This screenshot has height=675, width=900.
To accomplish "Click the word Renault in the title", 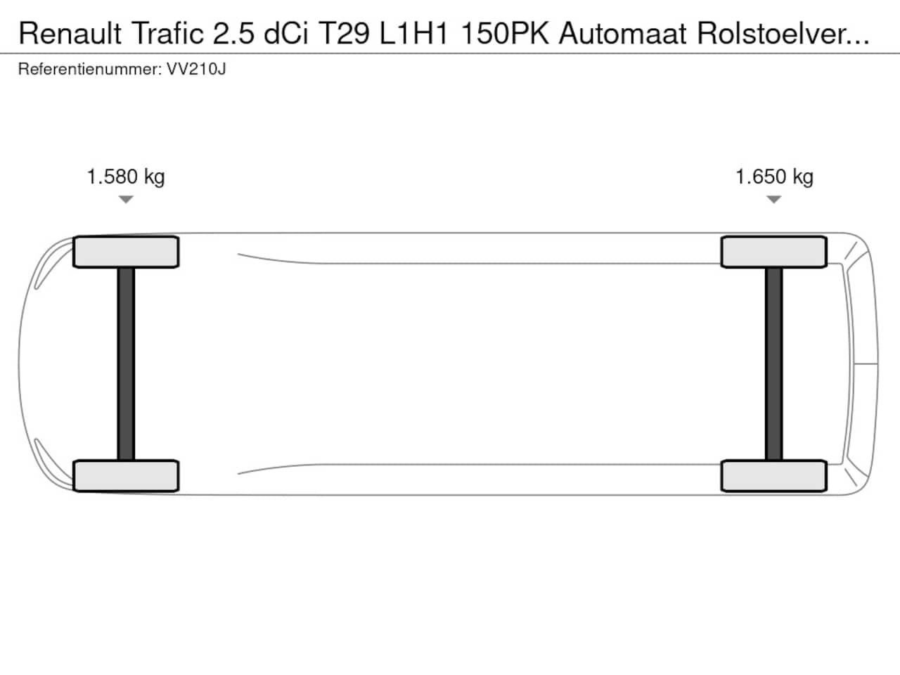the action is click(x=70, y=34).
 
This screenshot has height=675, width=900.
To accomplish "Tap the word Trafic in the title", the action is click(x=168, y=34).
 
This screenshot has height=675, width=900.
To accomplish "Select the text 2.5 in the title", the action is click(x=233, y=34).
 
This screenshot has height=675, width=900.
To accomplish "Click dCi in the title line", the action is click(x=285, y=34).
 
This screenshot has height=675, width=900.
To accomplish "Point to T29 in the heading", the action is click(x=344, y=34).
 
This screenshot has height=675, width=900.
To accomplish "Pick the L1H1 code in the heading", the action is click(x=413, y=34).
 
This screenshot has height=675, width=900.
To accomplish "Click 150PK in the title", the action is click(x=505, y=34).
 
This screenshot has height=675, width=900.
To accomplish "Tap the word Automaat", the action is click(x=622, y=34).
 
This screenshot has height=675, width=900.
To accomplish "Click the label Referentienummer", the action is click(x=90, y=70).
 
